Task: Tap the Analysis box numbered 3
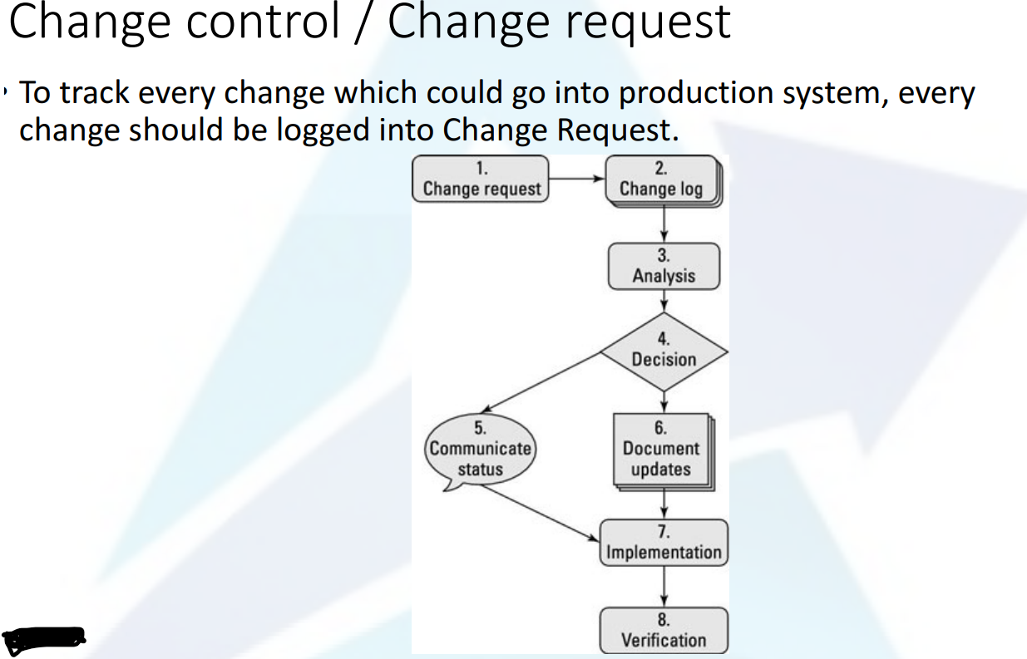pyautogui.click(x=664, y=266)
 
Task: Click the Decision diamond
pyautogui.click(x=664, y=351)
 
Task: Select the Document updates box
pyautogui.click(x=662, y=450)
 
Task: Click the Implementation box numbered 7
pyautogui.click(x=664, y=543)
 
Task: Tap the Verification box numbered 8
pyautogui.click(x=664, y=631)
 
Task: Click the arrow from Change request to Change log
pyautogui.click(x=576, y=178)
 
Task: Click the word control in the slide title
pyautogui.click(x=264, y=22)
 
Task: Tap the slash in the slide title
pyautogui.click(x=362, y=22)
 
